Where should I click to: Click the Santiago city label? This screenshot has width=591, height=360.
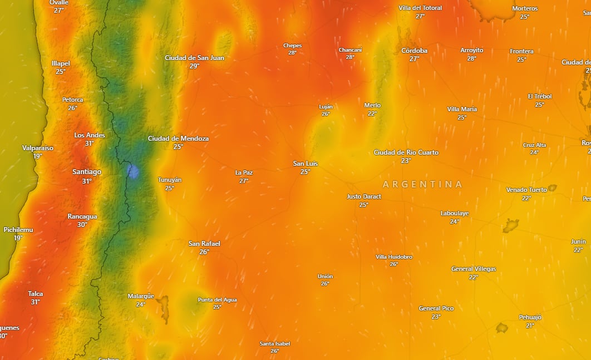(87, 172)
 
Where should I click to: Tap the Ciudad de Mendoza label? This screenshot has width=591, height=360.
(178, 139)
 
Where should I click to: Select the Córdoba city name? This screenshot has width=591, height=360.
(414, 51)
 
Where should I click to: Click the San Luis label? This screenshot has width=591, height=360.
(305, 164)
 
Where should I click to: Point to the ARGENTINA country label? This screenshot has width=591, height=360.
(422, 184)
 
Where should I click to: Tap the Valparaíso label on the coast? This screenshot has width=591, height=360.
(38, 148)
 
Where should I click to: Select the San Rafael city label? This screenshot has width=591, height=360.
(204, 244)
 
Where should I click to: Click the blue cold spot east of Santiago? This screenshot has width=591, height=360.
(133, 171)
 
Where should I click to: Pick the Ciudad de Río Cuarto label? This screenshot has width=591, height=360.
(406, 152)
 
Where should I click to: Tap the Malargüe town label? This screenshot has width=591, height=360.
(140, 296)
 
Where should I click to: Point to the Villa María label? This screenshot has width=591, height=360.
(462, 109)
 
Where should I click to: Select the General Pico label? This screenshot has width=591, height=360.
(436, 308)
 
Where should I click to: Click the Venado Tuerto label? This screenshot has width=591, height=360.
(526, 190)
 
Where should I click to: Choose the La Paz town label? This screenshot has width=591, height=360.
(244, 172)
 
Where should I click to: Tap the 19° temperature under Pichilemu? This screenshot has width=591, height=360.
(18, 238)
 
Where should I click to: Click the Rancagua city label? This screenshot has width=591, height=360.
(82, 216)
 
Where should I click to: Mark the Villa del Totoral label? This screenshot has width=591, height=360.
(420, 8)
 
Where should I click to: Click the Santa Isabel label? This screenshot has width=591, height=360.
(275, 343)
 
